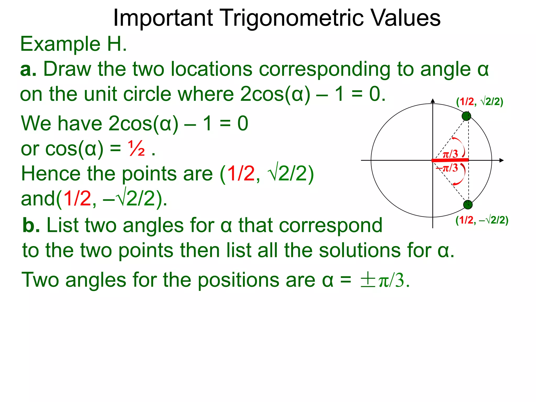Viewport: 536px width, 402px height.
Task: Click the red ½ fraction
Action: coord(136,149)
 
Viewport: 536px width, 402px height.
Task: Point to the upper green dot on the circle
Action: coord(466,116)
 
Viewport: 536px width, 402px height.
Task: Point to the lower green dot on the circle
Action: coord(468,204)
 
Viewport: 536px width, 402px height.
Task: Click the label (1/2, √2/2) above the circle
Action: coord(479,102)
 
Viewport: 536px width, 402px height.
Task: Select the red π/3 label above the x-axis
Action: coord(450,154)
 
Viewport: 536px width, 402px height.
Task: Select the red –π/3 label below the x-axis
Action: coord(447,168)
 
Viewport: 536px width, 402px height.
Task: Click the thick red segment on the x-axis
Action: coord(450,160)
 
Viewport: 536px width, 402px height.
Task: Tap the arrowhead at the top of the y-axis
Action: coord(433,101)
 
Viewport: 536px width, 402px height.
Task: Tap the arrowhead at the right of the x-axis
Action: coord(501,160)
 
